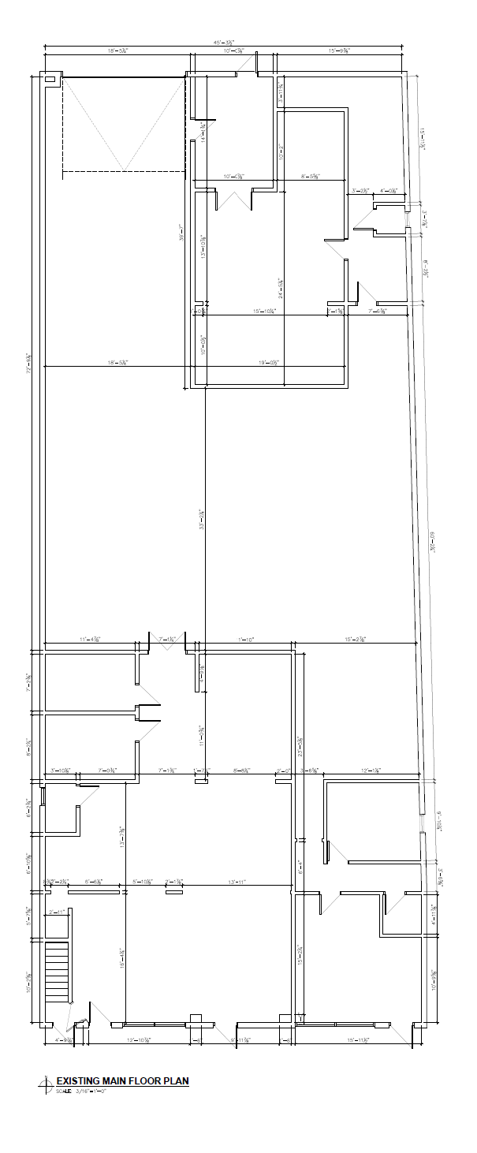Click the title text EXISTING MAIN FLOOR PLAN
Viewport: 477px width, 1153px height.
tap(122, 1080)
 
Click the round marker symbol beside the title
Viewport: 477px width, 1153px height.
tap(47, 1086)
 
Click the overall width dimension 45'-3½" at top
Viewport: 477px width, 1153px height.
tap(229, 43)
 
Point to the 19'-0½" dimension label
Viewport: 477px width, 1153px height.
tap(269, 363)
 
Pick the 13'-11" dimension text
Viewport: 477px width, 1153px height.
tap(236, 881)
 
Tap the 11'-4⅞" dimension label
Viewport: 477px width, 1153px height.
tap(88, 639)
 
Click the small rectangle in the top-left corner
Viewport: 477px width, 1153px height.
tap(50, 79)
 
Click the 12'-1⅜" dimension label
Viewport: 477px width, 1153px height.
tap(371, 770)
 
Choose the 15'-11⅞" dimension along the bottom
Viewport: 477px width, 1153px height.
tap(359, 1041)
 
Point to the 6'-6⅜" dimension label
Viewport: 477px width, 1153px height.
tap(93, 881)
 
